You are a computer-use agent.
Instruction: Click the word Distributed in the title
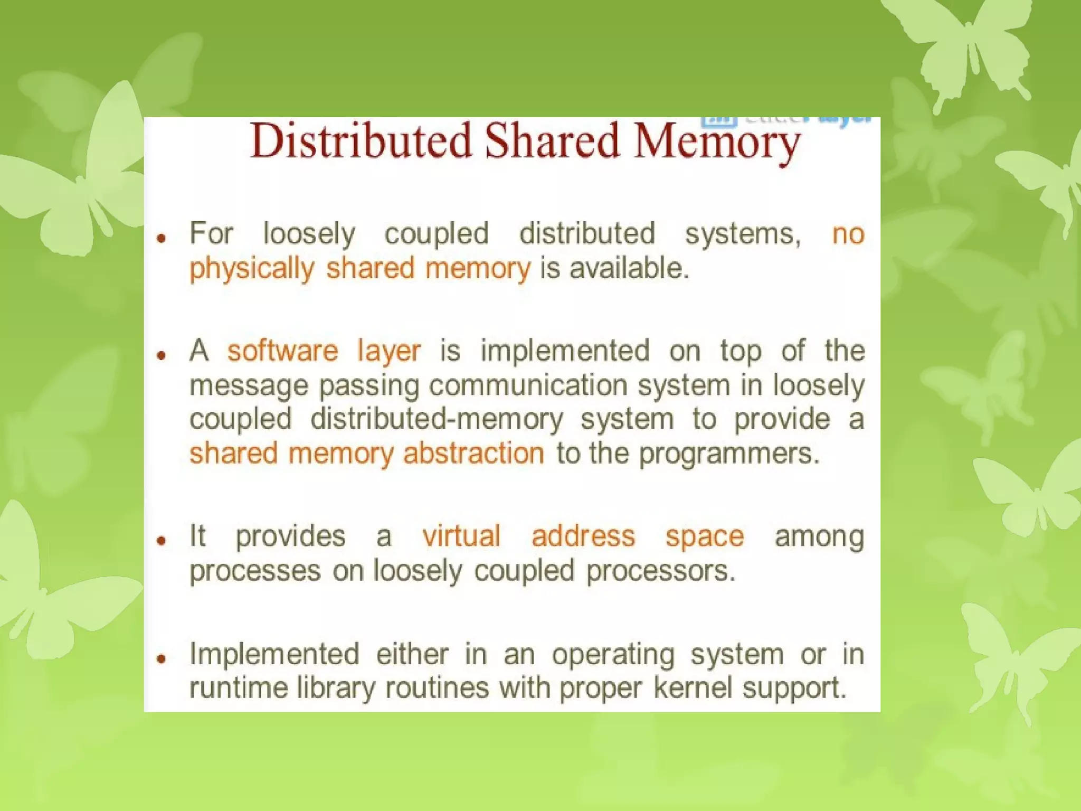click(x=361, y=141)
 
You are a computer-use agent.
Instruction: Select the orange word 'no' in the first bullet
click(x=848, y=234)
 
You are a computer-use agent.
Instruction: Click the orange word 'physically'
click(x=252, y=269)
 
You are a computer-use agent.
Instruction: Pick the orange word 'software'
click(x=282, y=351)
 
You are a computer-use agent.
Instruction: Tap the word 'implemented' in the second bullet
click(x=565, y=351)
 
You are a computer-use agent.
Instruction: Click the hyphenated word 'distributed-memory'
click(x=437, y=420)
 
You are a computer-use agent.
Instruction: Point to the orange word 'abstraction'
click(x=473, y=454)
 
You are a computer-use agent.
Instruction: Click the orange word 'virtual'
click(x=461, y=536)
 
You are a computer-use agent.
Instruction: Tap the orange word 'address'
click(x=583, y=536)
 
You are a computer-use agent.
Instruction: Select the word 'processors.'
click(x=661, y=571)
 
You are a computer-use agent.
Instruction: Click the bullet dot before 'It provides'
click(x=162, y=540)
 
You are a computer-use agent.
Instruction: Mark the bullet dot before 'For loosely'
click(x=162, y=238)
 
